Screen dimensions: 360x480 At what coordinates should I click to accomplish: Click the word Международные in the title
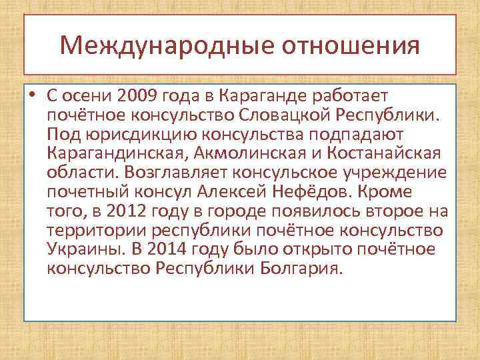coord(166,45)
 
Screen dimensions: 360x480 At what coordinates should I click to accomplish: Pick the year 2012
coord(124,211)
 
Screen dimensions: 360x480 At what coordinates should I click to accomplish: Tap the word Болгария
coord(303,269)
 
